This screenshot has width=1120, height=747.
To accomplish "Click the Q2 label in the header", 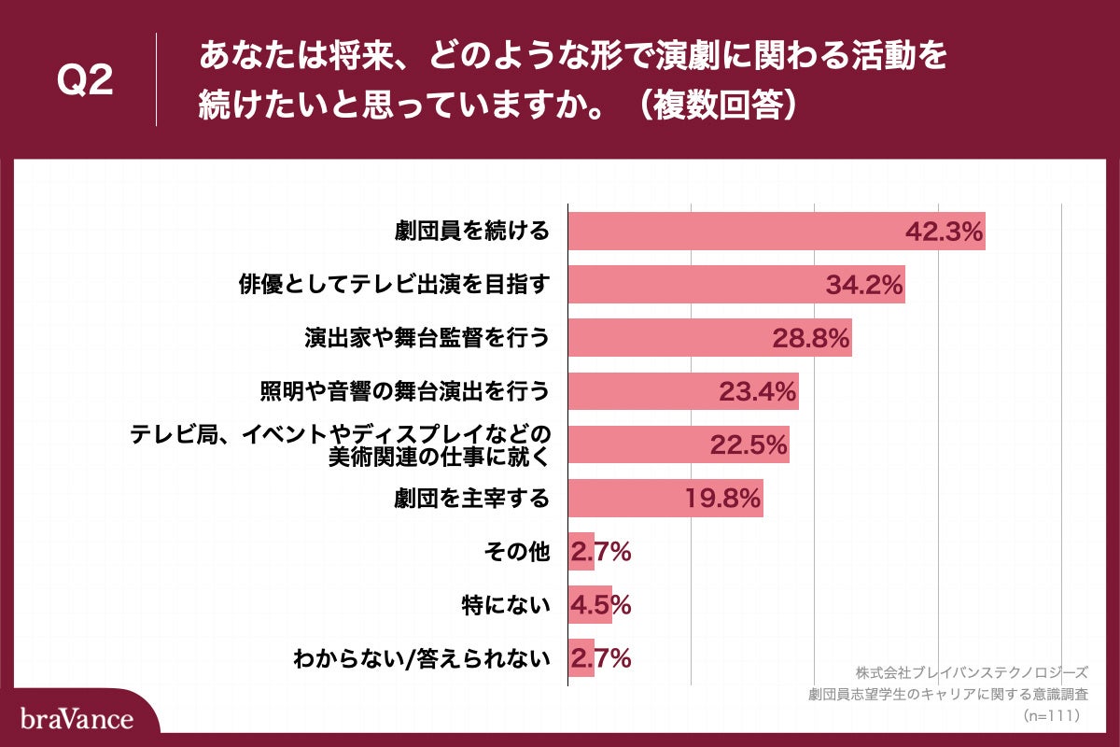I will click(x=85, y=81).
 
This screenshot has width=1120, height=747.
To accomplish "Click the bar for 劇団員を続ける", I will click(x=728, y=231).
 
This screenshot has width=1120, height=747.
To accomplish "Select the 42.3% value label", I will click(x=945, y=233).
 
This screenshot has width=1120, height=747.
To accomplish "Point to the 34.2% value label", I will click(x=864, y=286).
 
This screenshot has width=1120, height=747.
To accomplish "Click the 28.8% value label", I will click(x=810, y=339).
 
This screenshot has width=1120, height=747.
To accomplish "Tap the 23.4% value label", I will click(x=757, y=392).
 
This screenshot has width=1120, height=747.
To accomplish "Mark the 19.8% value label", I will click(x=722, y=499).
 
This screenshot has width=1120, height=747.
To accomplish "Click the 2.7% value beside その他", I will click(x=601, y=552).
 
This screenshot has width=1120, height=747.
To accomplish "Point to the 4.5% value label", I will click(x=601, y=605).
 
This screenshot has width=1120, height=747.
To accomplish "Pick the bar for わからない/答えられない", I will click(x=581, y=658).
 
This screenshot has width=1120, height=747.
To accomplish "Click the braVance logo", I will click(x=77, y=718).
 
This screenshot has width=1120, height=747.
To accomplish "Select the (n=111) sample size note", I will click(x=1052, y=715).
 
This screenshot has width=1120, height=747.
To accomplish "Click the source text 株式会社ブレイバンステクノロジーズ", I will click(x=972, y=672).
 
